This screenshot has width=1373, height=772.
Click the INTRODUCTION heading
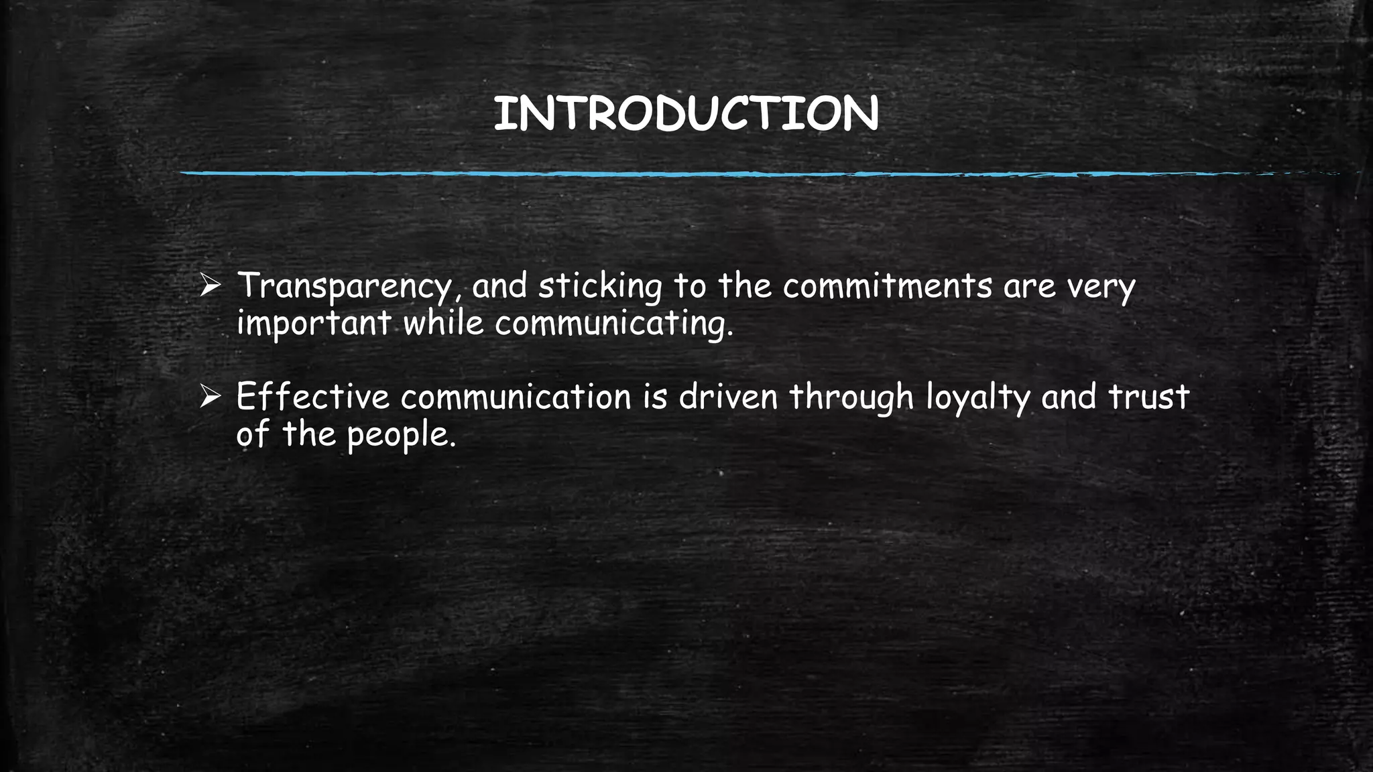[x=686, y=114]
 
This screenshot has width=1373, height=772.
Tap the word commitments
[x=888, y=286]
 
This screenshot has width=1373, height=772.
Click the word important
[x=314, y=324]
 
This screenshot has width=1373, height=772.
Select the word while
[x=443, y=324]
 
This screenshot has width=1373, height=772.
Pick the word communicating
[x=613, y=324]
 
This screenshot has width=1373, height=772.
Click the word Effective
[x=312, y=397]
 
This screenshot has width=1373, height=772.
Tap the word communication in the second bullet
[x=516, y=397]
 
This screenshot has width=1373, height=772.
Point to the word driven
[x=728, y=397]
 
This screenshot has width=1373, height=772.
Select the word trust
[x=1148, y=397]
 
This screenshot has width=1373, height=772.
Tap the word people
[x=401, y=436]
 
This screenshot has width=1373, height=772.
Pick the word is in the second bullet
[x=656, y=397]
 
